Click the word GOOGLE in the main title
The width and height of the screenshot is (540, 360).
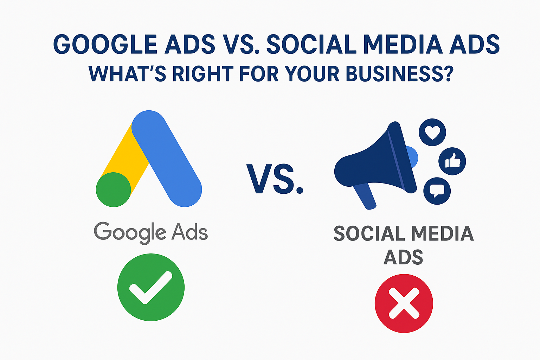105,45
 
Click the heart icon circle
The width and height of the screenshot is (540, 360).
432,132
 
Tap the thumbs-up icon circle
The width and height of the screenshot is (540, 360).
452,161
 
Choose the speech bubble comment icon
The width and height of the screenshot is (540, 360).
437,191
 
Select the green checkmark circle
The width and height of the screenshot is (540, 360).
151,287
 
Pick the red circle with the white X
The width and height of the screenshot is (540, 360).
404,303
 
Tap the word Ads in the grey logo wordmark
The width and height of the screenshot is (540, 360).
189,232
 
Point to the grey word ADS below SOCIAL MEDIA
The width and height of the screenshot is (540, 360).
403,257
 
